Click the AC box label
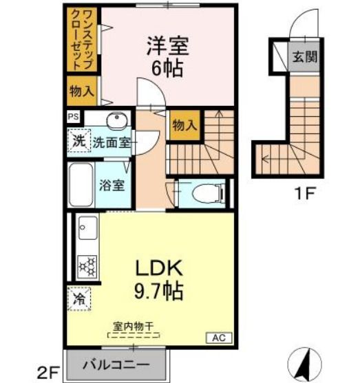pos(217,338)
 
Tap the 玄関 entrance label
pos(304,57)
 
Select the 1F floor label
pos(305,193)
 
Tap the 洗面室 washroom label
pos(112,143)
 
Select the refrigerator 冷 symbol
pos(79,300)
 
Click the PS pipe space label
pos(73,117)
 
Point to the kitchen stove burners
pos(87,265)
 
